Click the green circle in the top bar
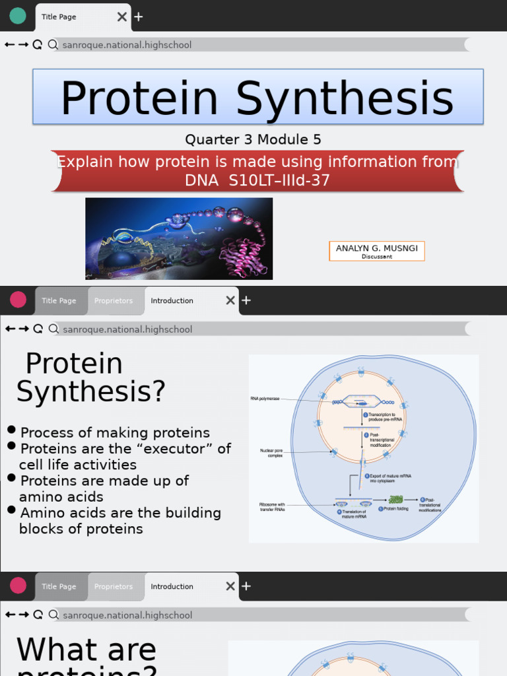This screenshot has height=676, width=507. click(18, 16)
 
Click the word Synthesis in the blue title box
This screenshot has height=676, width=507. click(345, 98)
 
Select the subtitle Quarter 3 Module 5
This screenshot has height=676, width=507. click(253, 139)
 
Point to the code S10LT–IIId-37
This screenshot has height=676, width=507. click(279, 180)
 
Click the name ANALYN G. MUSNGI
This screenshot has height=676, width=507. click(376, 248)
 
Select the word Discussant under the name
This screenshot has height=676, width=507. click(376, 257)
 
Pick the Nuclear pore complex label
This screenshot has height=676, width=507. click(271, 453)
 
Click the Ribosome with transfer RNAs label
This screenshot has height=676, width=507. click(272, 506)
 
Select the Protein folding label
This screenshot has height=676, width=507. click(395, 509)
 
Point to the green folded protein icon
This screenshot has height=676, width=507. click(395, 499)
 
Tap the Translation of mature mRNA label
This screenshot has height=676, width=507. click(353, 514)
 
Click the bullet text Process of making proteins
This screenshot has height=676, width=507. click(115, 433)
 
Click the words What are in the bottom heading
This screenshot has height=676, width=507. click(86, 650)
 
